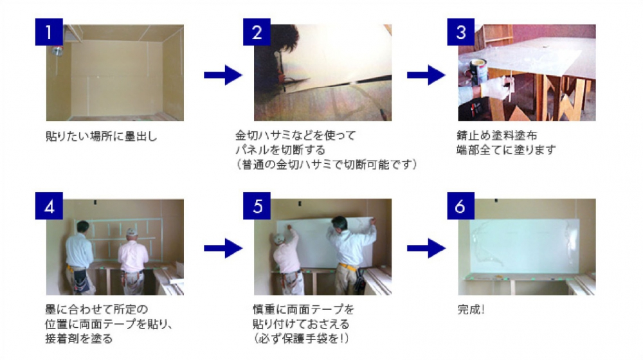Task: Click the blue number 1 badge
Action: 49,32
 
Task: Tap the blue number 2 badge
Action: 257,32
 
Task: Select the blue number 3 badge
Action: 460,32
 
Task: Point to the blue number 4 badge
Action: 49,206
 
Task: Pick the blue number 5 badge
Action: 257,206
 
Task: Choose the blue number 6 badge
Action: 460,206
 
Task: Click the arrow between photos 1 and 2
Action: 223,75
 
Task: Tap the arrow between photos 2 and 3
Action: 426,75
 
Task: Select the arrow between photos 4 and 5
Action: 223,248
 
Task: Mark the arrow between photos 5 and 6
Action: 426,248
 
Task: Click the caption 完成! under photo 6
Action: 471,310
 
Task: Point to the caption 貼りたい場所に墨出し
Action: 102,136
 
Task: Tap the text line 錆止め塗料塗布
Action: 496,135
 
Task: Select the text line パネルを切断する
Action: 280,150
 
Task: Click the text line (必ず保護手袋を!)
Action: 300,339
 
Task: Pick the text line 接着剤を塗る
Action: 78,339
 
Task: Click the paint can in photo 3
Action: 478,71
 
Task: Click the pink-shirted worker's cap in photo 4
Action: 131,232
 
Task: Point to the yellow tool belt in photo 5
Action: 347,267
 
